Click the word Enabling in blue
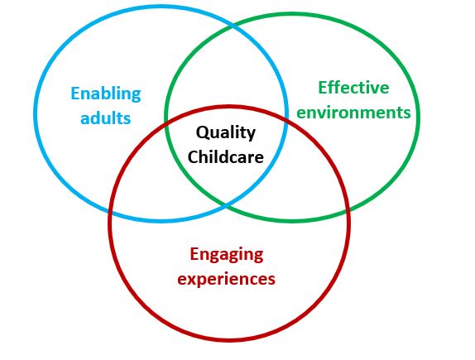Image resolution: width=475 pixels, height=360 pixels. tap(106, 94)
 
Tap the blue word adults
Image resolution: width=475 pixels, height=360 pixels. tap(106, 118)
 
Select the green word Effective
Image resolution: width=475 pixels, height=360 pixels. tap(353, 88)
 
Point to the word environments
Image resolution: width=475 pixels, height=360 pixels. tap(353, 112)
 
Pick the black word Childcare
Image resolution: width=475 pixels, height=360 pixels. tap(226, 156)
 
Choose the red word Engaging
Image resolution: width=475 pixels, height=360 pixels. tap(226, 254)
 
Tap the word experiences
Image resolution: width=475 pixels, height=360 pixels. tap(226, 278)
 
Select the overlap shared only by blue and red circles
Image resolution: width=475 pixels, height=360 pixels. tap(145, 182)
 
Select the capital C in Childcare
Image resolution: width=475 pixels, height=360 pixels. tap(194, 156)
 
